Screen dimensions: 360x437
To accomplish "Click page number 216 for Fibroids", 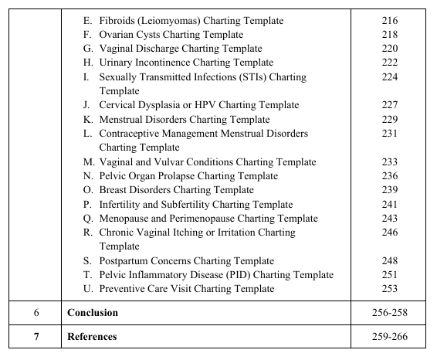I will [389, 21].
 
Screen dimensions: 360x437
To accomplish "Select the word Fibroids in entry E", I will [118, 21].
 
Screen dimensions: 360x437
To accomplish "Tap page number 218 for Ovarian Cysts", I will [389, 35].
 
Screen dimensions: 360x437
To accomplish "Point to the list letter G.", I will [87, 49].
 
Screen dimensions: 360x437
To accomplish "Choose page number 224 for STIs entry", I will [389, 77].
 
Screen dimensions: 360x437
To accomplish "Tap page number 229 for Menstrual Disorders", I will [389, 120].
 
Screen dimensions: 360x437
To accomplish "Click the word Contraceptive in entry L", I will [130, 134].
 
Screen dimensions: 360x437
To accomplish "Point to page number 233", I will [389, 162].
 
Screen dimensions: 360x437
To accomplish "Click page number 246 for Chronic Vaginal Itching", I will [389, 233].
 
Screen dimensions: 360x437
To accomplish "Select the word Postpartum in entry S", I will [124, 261].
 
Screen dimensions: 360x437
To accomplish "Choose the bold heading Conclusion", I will [93, 313].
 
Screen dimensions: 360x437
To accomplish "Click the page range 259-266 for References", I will [389, 337].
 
